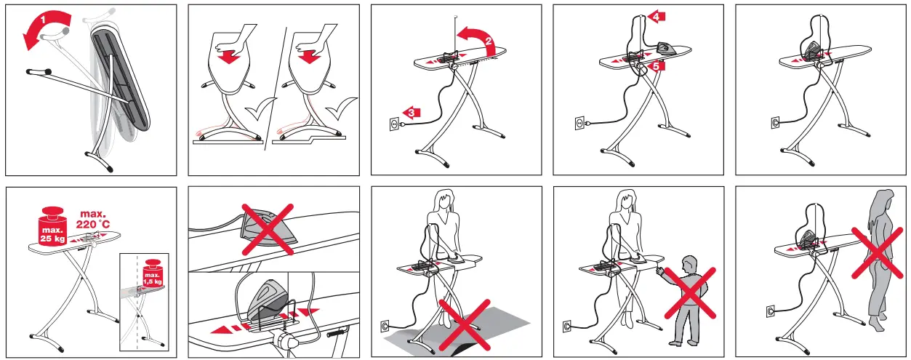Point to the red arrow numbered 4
(657, 15)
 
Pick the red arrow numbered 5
(655, 66)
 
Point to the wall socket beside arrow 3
(393, 124)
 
